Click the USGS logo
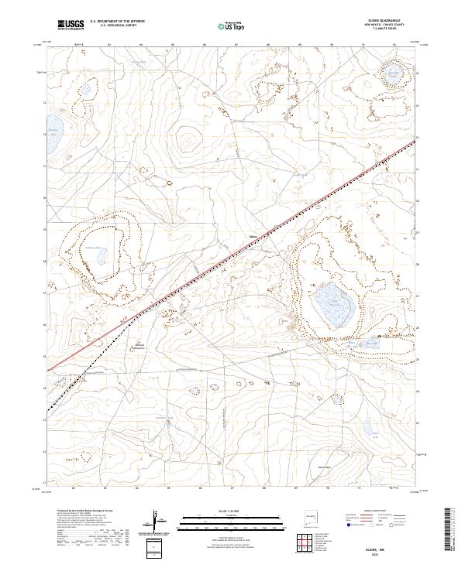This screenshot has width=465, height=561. pos(71,25)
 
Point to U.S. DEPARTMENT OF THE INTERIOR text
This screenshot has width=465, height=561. pos(117,22)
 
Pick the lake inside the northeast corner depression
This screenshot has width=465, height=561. pos(395,74)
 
